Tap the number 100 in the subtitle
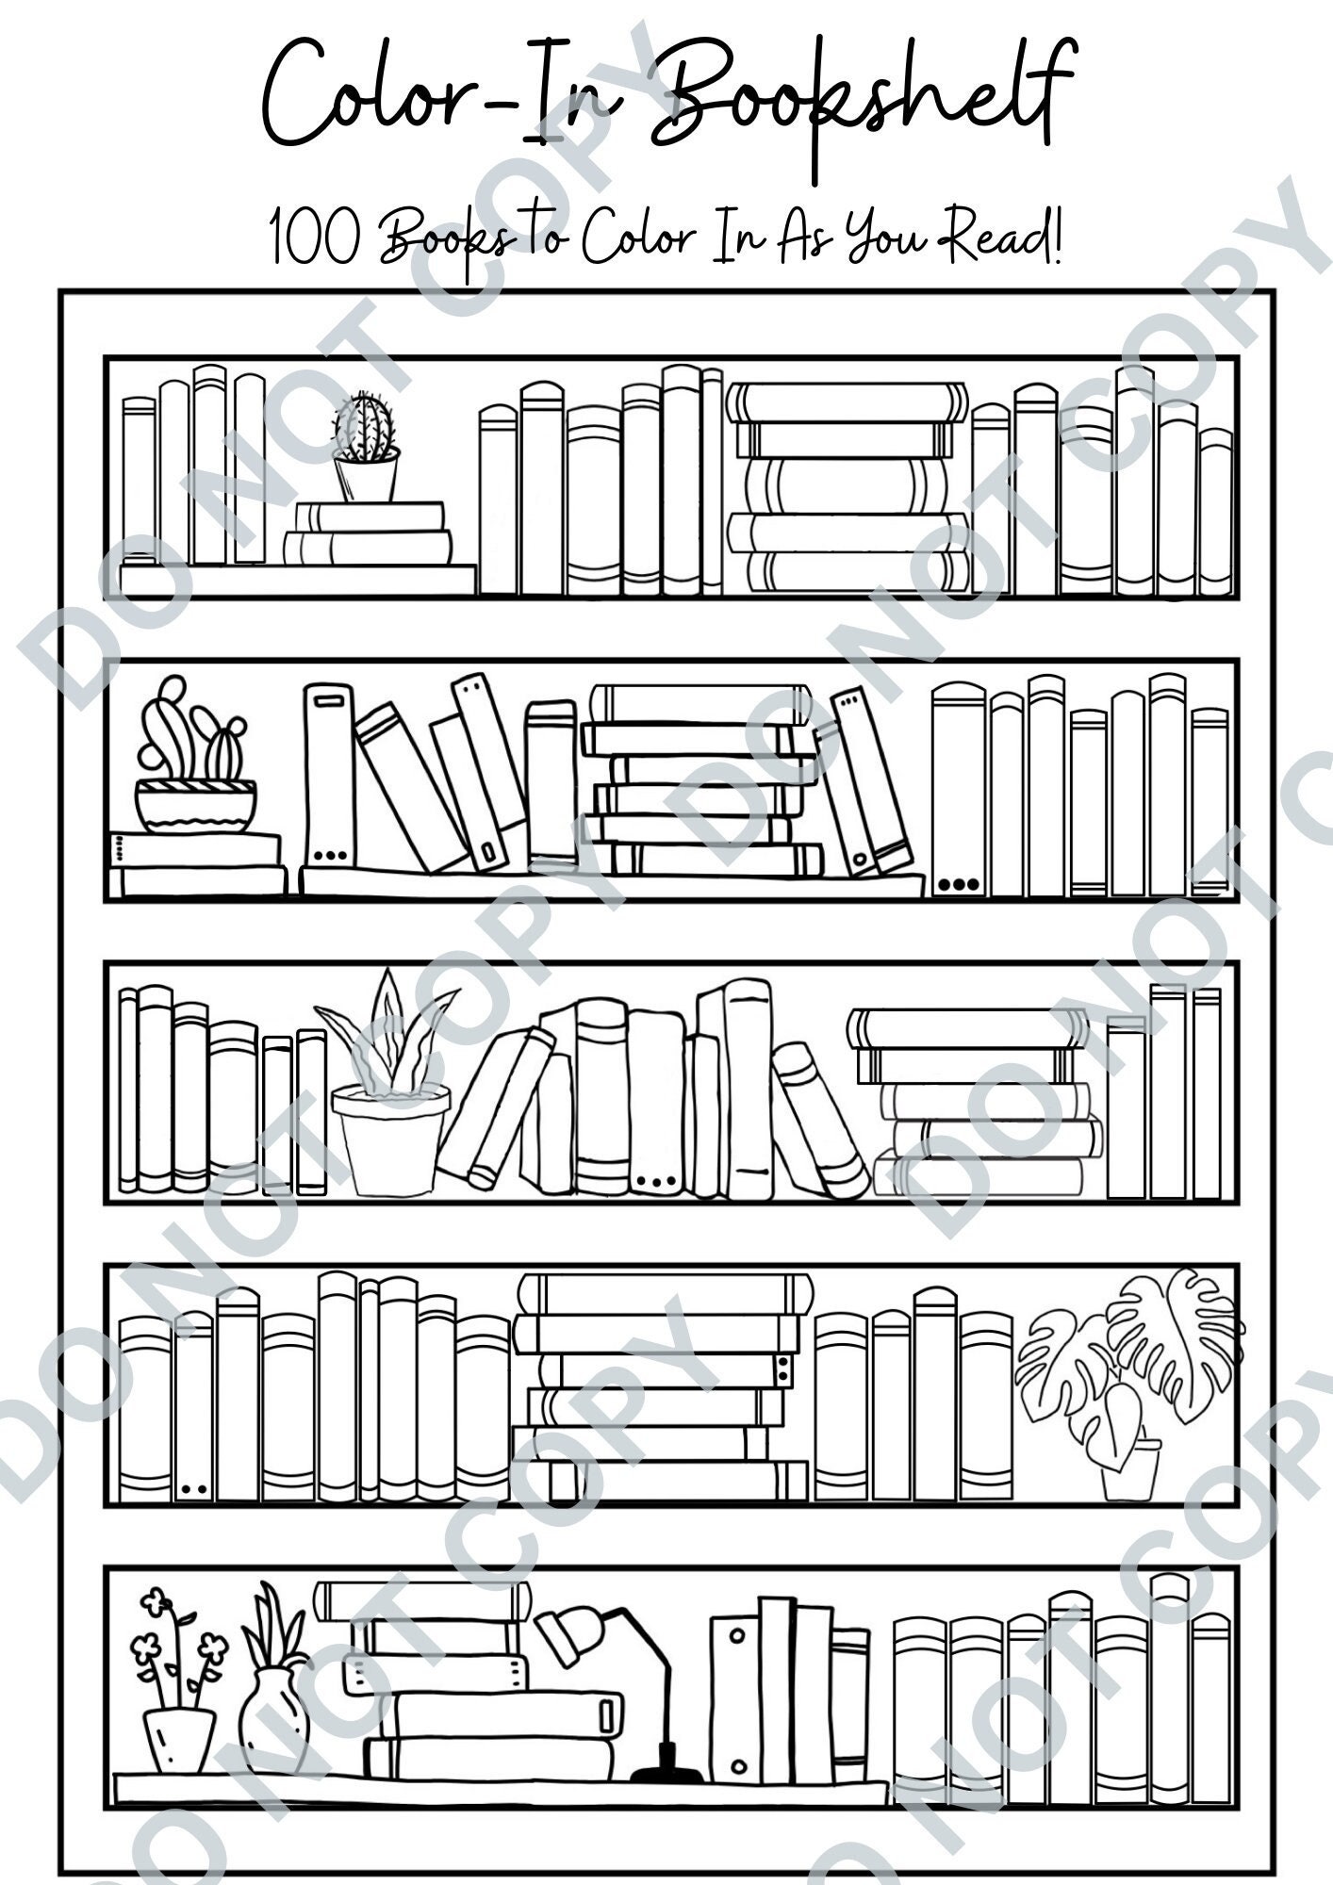pos(314,238)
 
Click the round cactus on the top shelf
pos(365,429)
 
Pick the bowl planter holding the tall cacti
pos(195,806)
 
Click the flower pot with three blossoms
pos(179,1739)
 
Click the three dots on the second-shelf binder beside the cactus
pos(329,857)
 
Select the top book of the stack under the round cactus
pos(370,516)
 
